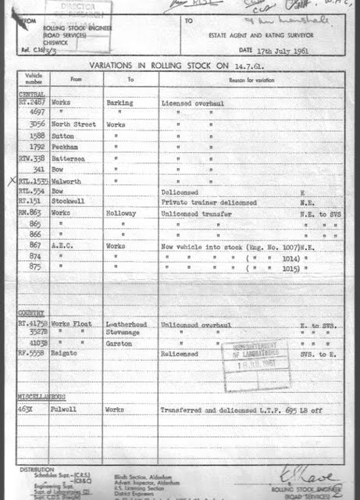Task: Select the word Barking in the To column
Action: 121,102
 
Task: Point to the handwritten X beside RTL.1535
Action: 10,180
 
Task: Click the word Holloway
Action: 123,212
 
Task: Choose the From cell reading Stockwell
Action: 68,201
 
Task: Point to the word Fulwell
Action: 64,409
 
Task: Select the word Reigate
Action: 65,353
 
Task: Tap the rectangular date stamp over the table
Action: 255,355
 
